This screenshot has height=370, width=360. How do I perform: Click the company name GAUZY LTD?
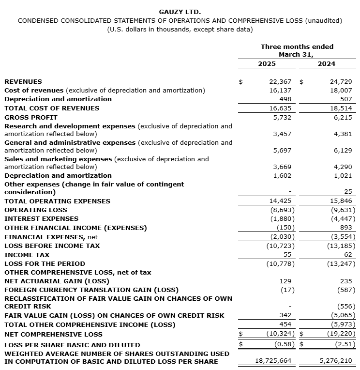pos(180,12)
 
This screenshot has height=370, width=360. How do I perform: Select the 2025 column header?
pos(267,63)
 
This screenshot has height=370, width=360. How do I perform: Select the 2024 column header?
pos(327,63)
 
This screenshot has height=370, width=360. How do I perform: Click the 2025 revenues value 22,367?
pos(281,82)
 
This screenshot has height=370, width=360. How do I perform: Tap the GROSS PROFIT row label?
pos(31,117)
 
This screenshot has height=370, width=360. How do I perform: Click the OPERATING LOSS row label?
pos(36,210)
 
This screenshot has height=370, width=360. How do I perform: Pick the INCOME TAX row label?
pos(27,255)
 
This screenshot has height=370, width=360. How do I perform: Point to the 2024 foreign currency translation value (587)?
pos(345,290)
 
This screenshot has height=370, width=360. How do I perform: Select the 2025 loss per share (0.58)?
pos(283,344)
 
